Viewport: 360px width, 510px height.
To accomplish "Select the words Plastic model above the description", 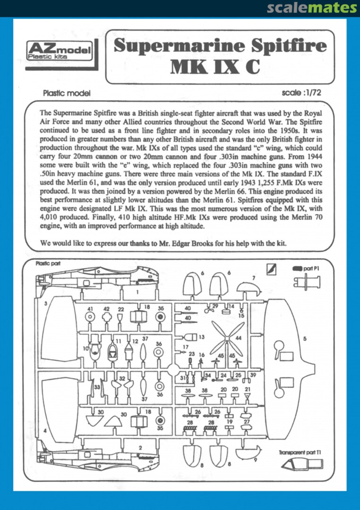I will pyautogui.click(x=67, y=93).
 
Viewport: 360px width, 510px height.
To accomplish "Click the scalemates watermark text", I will pyautogui.click(x=312, y=8).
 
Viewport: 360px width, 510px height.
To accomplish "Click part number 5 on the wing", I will pyautogui.click(x=305, y=339).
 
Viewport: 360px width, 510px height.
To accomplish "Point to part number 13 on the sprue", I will pyautogui.click(x=201, y=337).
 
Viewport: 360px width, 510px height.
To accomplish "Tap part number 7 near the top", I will pyautogui.click(x=254, y=278).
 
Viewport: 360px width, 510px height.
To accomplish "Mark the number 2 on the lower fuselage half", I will pyautogui.click(x=140, y=447).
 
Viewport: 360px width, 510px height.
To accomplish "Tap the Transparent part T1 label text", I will pyautogui.click(x=300, y=452).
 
